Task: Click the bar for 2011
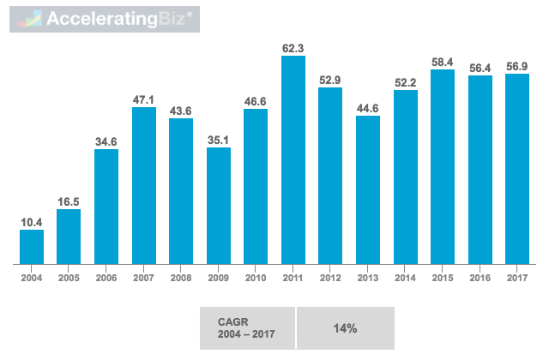click(293, 160)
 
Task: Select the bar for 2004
click(32, 247)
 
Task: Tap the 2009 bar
click(219, 206)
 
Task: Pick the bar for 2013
click(368, 189)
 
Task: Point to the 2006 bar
click(106, 207)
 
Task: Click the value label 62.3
click(293, 46)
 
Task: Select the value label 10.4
click(32, 221)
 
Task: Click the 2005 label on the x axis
click(69, 277)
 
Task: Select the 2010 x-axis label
click(256, 277)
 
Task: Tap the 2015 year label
click(443, 277)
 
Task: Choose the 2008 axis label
click(181, 277)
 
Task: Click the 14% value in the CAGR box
click(344, 328)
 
